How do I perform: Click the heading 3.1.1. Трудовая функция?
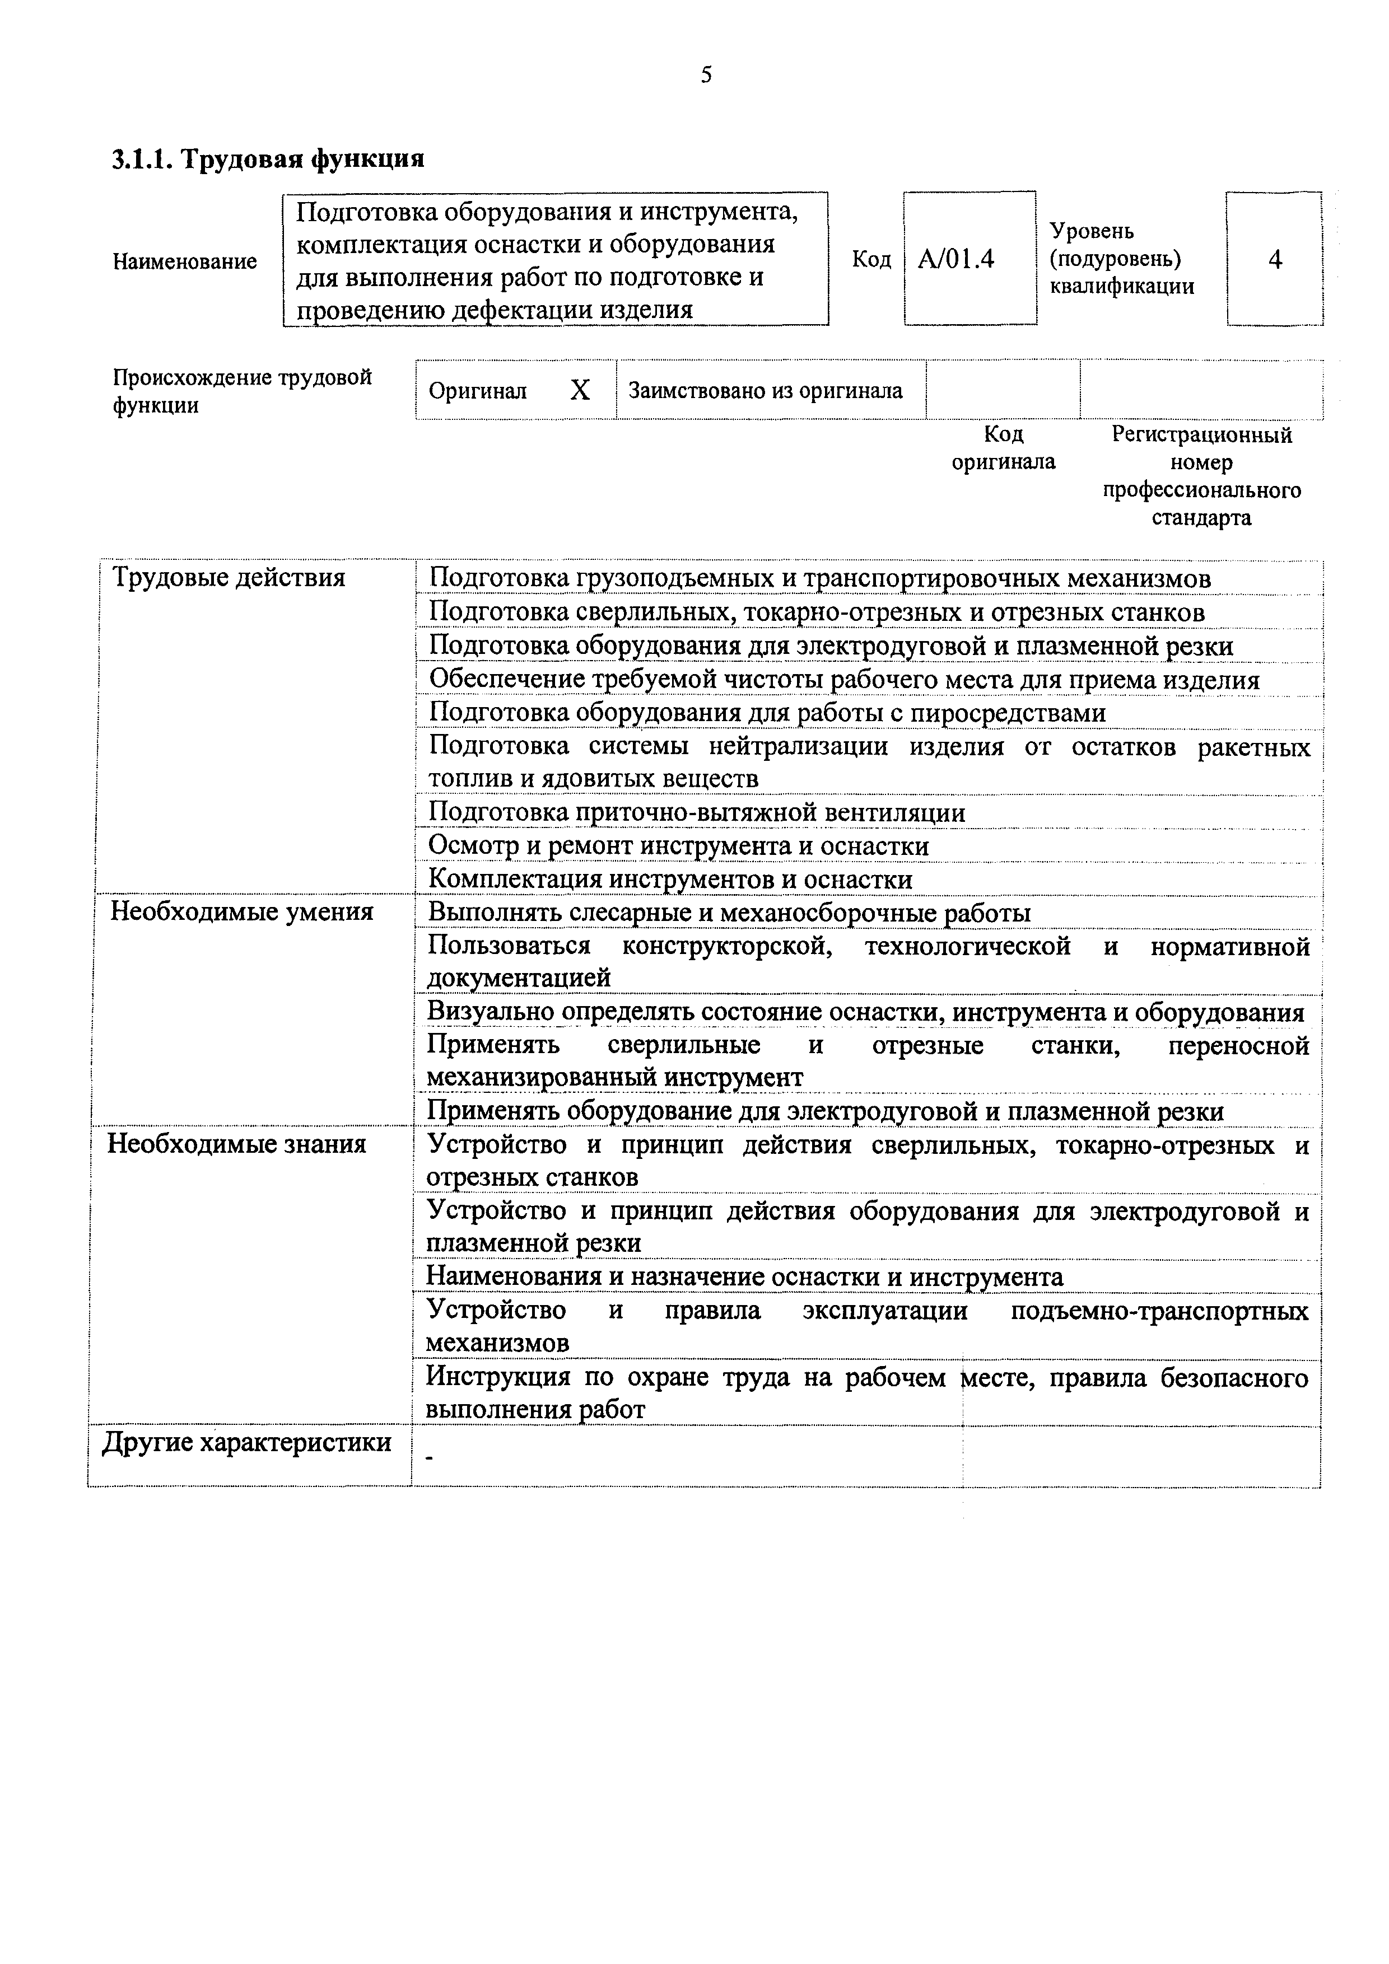268,159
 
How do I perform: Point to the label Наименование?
185,261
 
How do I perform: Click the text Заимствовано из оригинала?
765,391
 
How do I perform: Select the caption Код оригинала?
1003,448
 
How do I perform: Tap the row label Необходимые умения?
242,912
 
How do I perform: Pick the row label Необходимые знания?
236,1144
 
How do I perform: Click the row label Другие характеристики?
246,1443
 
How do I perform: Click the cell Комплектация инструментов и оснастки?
669,880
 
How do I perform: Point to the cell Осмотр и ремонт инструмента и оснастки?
678,846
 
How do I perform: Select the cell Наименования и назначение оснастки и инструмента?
744,1277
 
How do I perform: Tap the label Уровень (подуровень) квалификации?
1121,258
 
